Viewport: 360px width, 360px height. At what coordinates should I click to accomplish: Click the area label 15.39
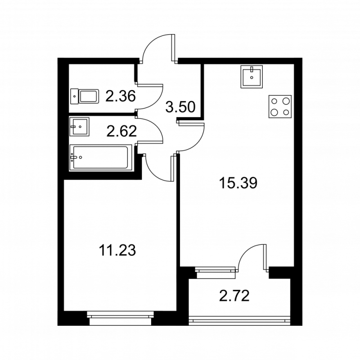click(238, 183)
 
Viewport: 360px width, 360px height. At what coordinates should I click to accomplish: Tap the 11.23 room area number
click(117, 250)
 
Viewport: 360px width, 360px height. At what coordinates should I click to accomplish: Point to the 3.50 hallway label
click(180, 107)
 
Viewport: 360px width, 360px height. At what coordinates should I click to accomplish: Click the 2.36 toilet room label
click(121, 96)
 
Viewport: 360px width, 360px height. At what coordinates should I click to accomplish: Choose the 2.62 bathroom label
click(121, 131)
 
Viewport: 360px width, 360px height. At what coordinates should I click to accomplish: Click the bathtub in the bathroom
click(101, 157)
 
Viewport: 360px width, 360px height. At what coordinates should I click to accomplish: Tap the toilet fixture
click(85, 96)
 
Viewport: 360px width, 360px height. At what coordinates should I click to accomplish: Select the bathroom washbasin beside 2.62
click(79, 126)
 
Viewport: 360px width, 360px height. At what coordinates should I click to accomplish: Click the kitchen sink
click(252, 76)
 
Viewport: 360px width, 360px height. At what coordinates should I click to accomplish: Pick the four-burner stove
click(280, 107)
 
